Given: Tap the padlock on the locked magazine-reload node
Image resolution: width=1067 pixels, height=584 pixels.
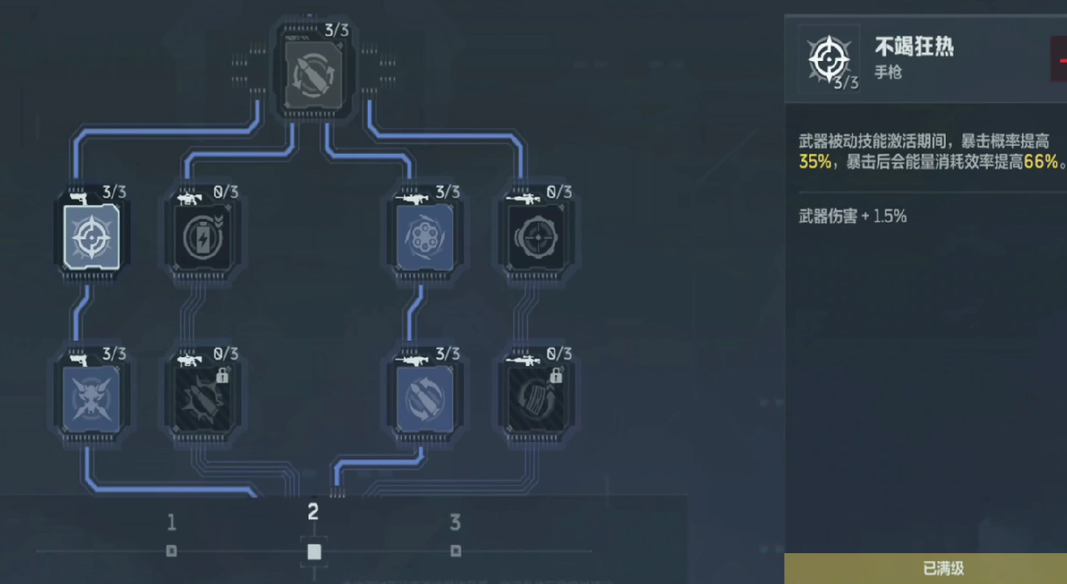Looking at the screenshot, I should tap(556, 376).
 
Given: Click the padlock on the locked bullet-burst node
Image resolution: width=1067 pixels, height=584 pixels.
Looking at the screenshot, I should tap(223, 376).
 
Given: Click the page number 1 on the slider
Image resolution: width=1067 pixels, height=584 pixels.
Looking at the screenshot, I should tap(171, 523).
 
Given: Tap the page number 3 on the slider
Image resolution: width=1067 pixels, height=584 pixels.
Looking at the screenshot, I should tap(455, 523).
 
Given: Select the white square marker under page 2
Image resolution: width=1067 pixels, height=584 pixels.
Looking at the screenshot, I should tap(314, 552).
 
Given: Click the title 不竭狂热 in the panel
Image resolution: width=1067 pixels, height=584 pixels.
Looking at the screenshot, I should tap(914, 47).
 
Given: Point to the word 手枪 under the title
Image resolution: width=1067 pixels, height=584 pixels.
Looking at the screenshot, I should tap(888, 72).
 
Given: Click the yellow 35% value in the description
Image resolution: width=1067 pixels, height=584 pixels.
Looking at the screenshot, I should tap(814, 162).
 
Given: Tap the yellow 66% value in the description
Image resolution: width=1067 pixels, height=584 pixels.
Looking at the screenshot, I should tap(1041, 162).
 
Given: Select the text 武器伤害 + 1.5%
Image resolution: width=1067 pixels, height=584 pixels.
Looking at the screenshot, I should tap(852, 216).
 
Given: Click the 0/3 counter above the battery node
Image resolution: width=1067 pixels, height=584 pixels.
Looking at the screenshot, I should tap(226, 193).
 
